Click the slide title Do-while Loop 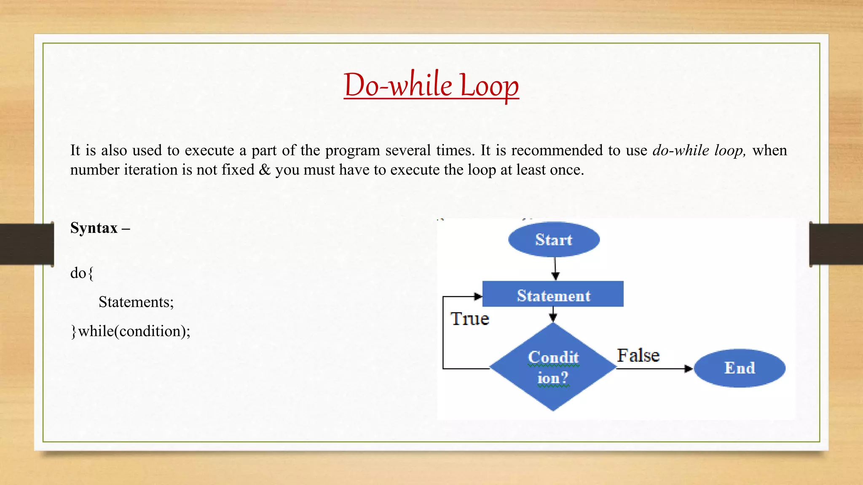point(431,85)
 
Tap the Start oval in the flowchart point(554,240)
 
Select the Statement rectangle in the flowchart point(553,294)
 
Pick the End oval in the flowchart point(740,368)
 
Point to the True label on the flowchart point(469,319)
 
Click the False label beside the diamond point(638,355)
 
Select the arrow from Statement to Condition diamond point(553,314)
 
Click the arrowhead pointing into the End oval point(688,369)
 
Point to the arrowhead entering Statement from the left point(478,296)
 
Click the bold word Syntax point(94,228)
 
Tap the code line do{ point(82,273)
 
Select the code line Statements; point(136,302)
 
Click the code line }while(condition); point(131,331)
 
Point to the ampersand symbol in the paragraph point(265,170)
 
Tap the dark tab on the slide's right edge point(836,244)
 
